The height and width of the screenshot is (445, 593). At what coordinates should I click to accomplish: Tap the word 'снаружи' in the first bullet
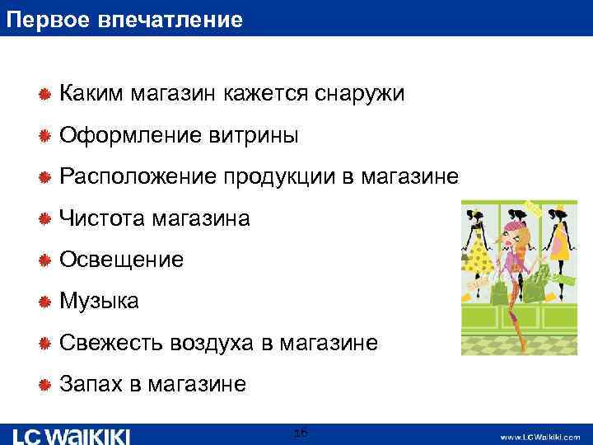pyautogui.click(x=359, y=94)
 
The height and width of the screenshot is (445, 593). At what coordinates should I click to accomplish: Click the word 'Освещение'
pyautogui.click(x=121, y=260)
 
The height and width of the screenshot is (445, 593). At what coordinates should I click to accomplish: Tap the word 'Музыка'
pyautogui.click(x=100, y=302)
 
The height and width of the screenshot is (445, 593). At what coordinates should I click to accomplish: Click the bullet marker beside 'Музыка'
pyautogui.click(x=46, y=302)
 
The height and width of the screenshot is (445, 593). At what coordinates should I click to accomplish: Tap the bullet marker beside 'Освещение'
pyautogui.click(x=46, y=261)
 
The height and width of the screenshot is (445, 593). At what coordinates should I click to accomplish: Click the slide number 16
pyautogui.click(x=301, y=433)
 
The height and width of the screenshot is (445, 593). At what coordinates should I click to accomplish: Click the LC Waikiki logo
pyautogui.click(x=72, y=434)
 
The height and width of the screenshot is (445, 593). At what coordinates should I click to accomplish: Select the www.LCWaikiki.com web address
pyautogui.click(x=539, y=436)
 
